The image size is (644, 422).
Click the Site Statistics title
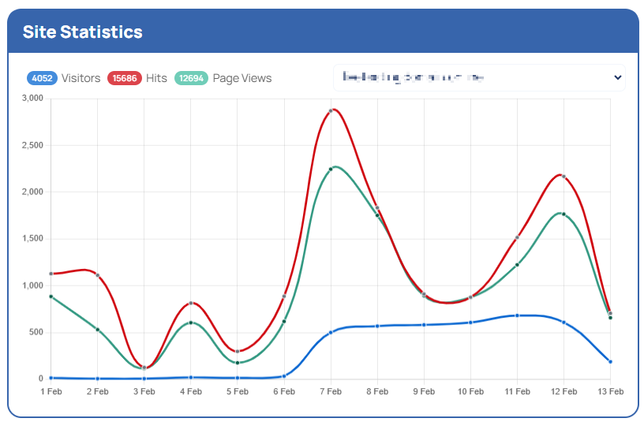point(82,32)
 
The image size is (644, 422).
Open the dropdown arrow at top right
point(618,77)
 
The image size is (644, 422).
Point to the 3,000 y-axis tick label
point(32,99)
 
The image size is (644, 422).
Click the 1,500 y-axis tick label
point(32,238)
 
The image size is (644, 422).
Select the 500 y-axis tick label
point(36,332)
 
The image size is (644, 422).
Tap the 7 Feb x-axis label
point(331,391)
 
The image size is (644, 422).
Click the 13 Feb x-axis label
point(610,391)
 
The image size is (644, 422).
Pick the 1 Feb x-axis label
point(51,391)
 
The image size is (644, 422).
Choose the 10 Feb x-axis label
point(470,391)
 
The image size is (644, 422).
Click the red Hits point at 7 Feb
point(331,111)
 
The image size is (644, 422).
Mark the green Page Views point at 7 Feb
point(331,169)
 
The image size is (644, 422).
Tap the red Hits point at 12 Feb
point(563,176)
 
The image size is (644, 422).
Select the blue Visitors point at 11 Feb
point(517,316)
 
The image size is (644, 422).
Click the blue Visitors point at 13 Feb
point(610,361)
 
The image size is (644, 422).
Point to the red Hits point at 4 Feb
point(191,303)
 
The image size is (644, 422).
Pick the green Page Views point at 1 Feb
point(51,297)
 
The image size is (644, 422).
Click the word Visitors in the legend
point(80,78)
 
